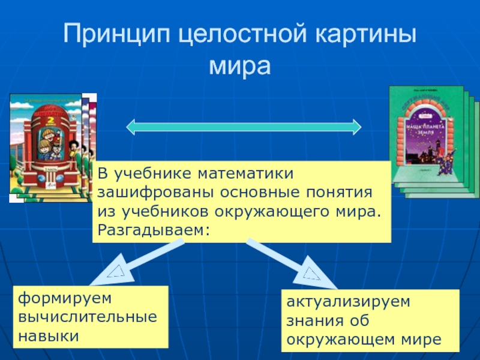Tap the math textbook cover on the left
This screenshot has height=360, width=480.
45,147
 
